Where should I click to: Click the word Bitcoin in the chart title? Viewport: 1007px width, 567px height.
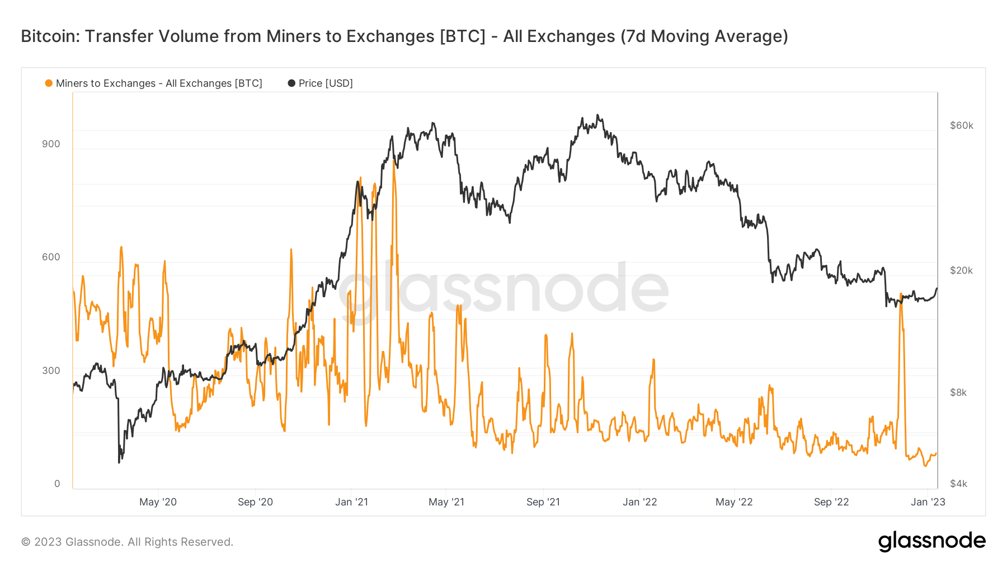tap(47, 36)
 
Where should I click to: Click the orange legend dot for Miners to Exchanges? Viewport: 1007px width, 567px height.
tap(49, 83)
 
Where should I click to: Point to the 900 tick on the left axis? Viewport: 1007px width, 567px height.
tap(51, 144)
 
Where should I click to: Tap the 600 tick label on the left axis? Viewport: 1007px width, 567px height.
tap(51, 257)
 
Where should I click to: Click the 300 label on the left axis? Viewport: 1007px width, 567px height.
tap(51, 371)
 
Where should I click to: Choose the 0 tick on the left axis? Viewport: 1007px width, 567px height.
tap(57, 484)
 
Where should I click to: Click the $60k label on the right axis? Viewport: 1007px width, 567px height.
tap(961, 125)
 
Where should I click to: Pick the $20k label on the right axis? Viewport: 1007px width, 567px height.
tap(961, 270)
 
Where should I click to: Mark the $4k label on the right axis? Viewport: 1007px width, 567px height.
tap(958, 484)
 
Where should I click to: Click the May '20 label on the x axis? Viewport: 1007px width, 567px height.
tap(158, 502)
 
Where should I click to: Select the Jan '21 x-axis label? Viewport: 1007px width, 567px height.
tap(351, 502)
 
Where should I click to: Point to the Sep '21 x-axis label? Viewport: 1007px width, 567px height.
tap(543, 502)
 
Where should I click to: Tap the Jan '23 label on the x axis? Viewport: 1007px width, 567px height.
tap(928, 502)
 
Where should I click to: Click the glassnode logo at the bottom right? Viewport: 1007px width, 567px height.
tap(931, 541)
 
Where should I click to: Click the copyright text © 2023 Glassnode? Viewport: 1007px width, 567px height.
tap(127, 542)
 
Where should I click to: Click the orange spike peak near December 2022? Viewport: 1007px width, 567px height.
tap(900, 294)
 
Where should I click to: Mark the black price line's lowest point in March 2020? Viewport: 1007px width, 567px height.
tap(119, 462)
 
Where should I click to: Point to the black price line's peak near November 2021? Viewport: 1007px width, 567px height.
tap(597, 115)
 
